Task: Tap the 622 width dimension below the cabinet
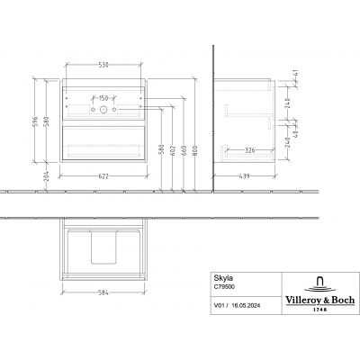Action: (103, 175)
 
